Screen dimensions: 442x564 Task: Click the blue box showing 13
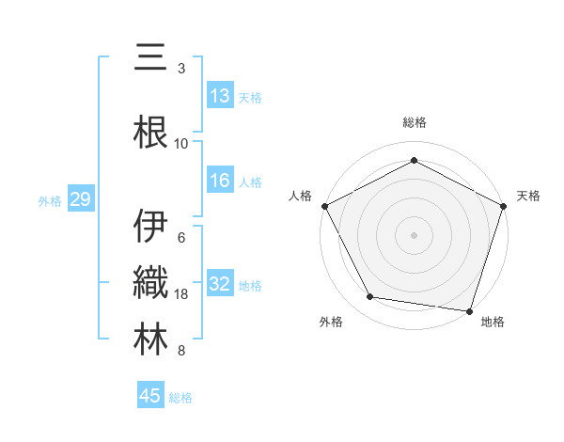[x=219, y=96]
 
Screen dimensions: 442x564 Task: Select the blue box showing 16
[x=219, y=181]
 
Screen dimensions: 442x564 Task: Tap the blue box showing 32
[x=219, y=284]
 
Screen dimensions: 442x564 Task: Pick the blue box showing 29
[x=80, y=199]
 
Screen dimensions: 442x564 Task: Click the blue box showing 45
[x=150, y=396]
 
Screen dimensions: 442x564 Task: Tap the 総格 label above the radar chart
[x=415, y=122]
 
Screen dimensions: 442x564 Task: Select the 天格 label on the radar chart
[x=528, y=196]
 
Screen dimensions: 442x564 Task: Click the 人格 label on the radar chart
[x=300, y=196]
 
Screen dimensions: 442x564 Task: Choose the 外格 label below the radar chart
[x=331, y=323]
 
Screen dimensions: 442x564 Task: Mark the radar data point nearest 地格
[x=469, y=310]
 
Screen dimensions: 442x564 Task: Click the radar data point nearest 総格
[x=414, y=160]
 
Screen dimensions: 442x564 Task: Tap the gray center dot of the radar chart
[x=414, y=234]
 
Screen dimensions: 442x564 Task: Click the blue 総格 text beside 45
[x=180, y=398]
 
